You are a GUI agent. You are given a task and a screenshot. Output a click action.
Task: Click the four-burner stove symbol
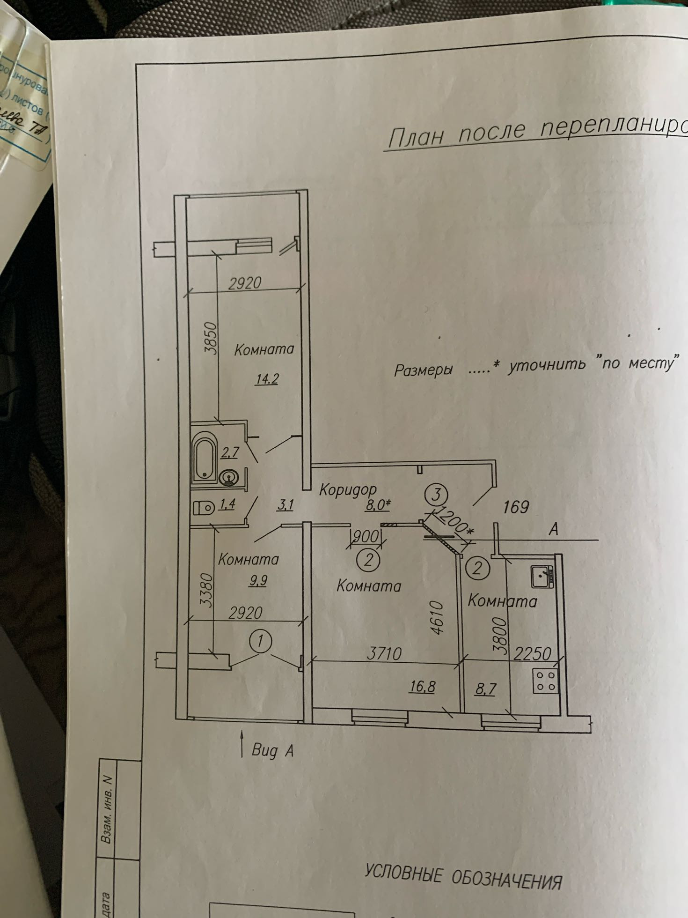[546, 681]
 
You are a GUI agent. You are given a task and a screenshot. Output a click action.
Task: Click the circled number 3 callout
[436, 495]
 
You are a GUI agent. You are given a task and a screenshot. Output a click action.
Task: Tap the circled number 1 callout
[261, 641]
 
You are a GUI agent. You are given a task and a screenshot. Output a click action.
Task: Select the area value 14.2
[267, 378]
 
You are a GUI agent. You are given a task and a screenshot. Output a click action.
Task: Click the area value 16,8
[422, 687]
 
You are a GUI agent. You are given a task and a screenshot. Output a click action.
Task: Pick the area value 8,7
[485, 689]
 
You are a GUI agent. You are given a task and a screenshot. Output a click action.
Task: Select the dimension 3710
[384, 653]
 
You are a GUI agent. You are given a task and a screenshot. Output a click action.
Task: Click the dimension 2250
[532, 653]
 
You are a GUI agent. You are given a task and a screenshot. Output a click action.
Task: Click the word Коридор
[348, 490]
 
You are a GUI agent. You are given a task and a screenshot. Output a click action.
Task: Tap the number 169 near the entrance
[516, 507]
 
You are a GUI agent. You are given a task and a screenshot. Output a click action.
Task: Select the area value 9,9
[258, 581]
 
